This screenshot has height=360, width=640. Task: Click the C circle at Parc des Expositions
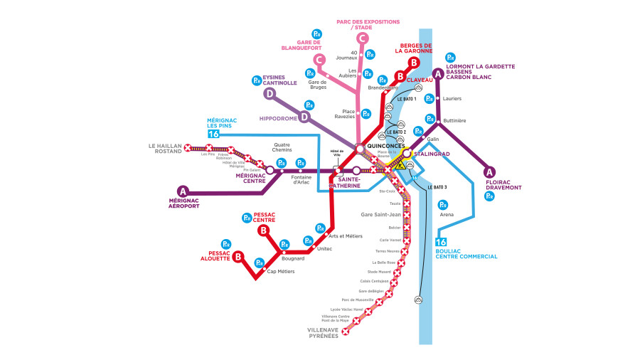click(363, 38)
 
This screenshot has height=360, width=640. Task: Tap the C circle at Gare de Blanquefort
click(319, 60)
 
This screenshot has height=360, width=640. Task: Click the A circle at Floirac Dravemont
click(489, 171)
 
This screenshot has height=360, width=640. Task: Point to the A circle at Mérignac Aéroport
click(183, 191)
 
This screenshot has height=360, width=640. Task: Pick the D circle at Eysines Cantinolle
click(270, 94)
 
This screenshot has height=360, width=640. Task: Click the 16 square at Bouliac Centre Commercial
click(441, 243)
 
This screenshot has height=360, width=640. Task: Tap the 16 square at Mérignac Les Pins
click(213, 134)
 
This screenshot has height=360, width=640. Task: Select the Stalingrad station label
click(432, 152)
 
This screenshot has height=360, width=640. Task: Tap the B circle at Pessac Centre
click(263, 230)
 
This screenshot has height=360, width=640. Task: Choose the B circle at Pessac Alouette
click(239, 257)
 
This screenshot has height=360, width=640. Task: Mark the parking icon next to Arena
click(442, 205)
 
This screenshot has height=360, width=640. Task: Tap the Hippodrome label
click(278, 117)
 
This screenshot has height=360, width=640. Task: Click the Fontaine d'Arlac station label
click(302, 181)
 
